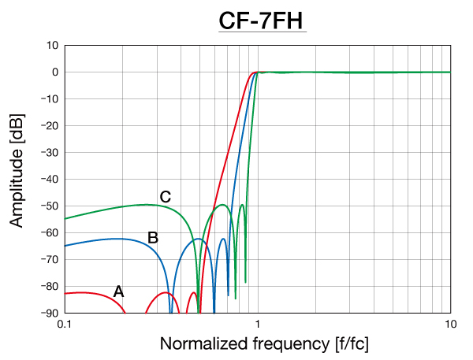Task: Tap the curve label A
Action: (118, 291)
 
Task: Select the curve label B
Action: (153, 236)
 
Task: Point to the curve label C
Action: (166, 197)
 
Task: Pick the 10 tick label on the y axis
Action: (52, 46)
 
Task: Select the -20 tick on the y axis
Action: (49, 126)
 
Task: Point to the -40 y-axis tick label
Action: (49, 180)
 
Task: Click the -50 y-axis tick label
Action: (49, 206)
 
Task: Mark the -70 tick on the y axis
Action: (49, 260)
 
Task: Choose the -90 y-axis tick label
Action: (49, 314)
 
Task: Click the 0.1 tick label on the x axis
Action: (65, 325)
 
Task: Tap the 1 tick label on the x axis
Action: (258, 325)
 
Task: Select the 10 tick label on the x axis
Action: (450, 325)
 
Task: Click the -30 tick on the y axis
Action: (49, 153)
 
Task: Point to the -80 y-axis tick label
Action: (49, 287)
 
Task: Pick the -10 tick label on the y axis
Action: (49, 99)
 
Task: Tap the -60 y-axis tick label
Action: (49, 233)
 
